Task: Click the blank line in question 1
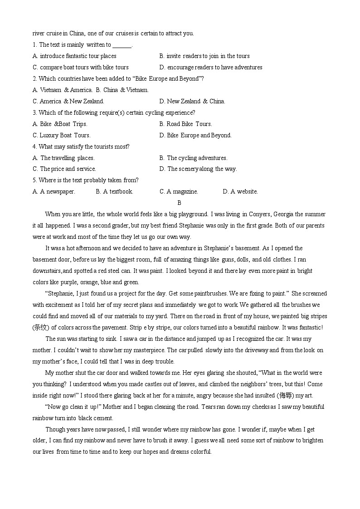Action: click(122, 45)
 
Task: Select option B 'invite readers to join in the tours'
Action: click(204, 56)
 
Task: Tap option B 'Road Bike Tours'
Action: click(185, 124)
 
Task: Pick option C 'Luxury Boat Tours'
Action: click(62, 136)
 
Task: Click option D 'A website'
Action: click(240, 192)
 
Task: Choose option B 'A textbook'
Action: click(114, 192)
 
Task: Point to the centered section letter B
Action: click(180, 203)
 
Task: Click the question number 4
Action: click(34, 147)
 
